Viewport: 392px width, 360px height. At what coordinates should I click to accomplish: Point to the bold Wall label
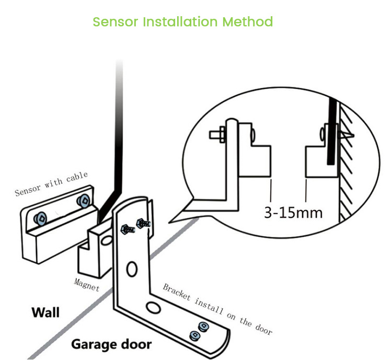tap(45, 312)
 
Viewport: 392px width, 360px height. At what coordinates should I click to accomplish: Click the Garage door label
tap(111, 344)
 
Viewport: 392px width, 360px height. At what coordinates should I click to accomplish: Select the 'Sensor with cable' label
tap(51, 183)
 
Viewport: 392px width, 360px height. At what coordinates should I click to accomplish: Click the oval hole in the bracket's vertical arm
tap(132, 271)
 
